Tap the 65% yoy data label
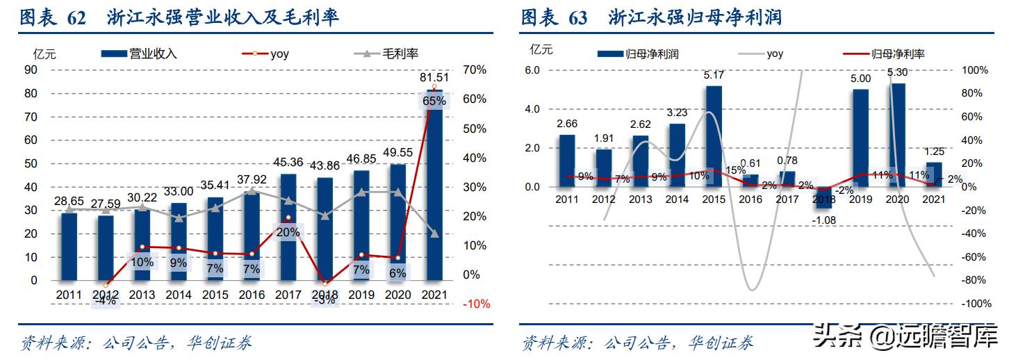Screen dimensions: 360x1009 pyautogui.click(x=434, y=101)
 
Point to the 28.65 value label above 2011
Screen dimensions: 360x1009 pyautogui.click(x=69, y=201)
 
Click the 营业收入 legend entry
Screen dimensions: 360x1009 pyautogui.click(x=139, y=53)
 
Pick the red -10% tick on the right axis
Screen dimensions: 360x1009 pyautogui.click(x=477, y=304)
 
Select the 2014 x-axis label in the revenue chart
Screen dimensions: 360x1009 pyautogui.click(x=179, y=295)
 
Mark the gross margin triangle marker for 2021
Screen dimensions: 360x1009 pyautogui.click(x=434, y=234)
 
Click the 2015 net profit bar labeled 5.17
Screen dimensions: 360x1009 pyautogui.click(x=714, y=136)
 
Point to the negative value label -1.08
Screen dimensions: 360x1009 pyautogui.click(x=824, y=220)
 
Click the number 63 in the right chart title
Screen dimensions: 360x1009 pyautogui.click(x=577, y=17)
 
